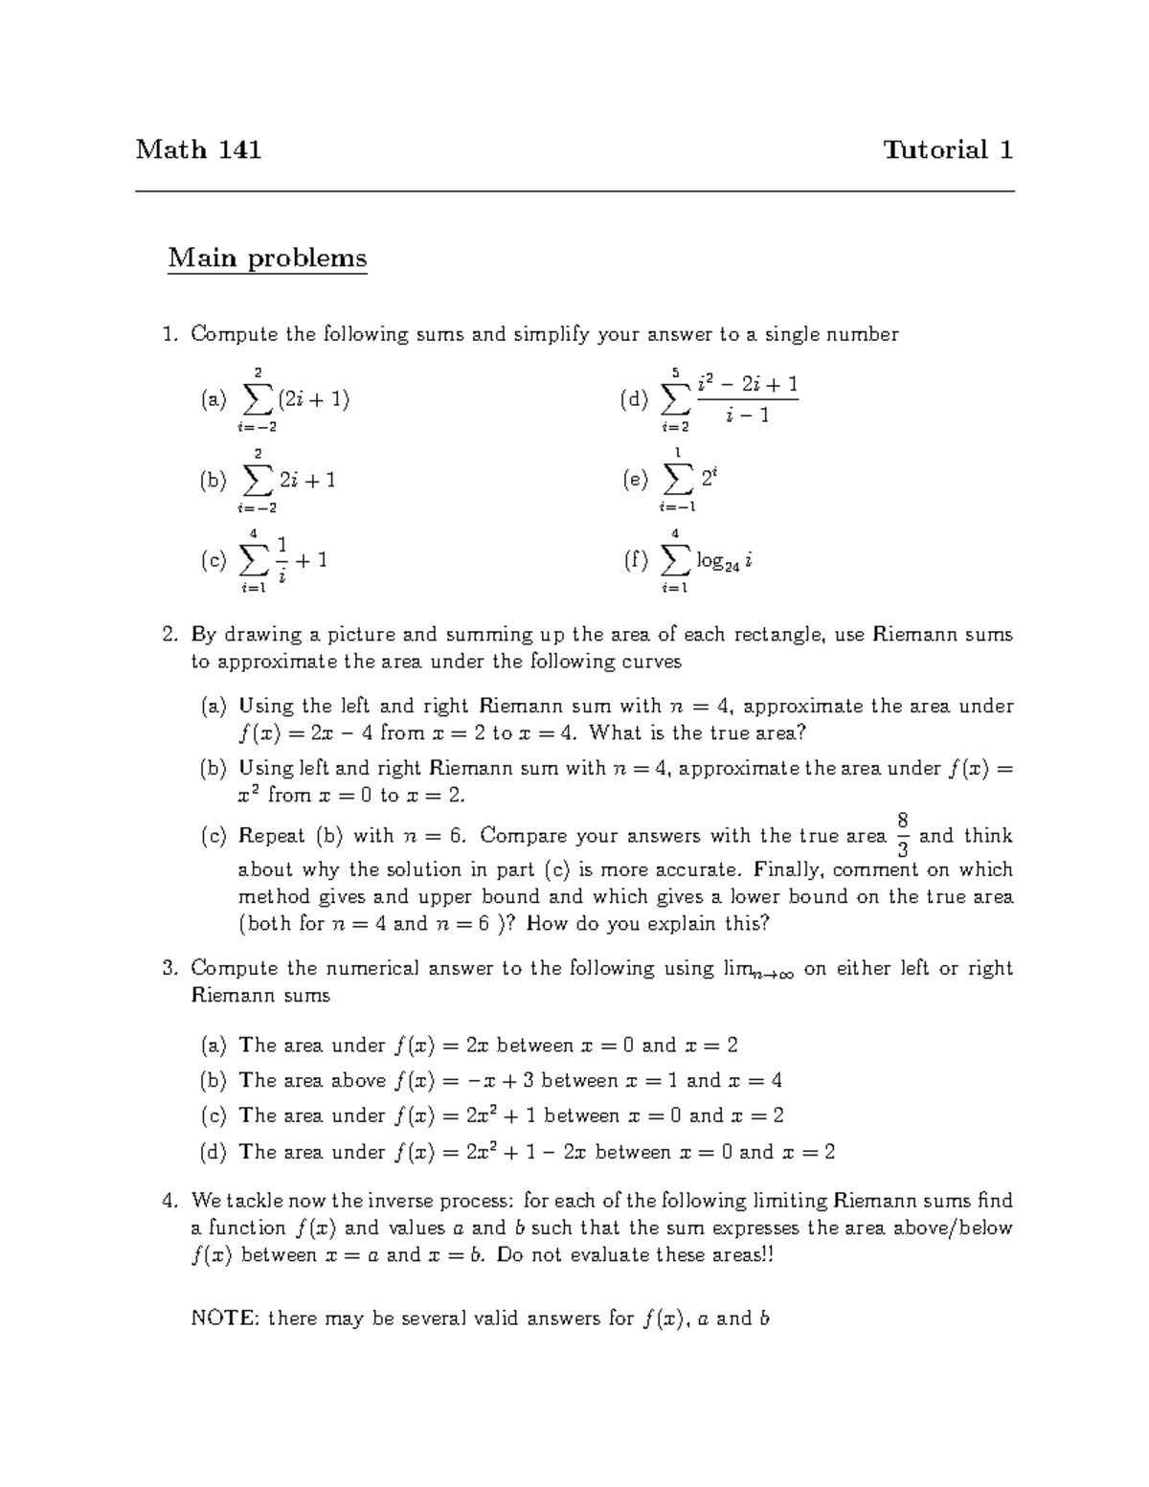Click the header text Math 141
click(198, 149)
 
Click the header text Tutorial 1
click(948, 149)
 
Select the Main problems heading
click(267, 259)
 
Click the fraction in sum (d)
click(747, 399)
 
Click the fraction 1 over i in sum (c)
click(282, 560)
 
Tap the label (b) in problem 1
click(213, 481)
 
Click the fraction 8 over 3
click(902, 836)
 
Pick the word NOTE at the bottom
click(224, 1318)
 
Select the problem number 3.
click(169, 968)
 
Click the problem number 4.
click(169, 1201)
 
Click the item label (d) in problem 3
click(213, 1152)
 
